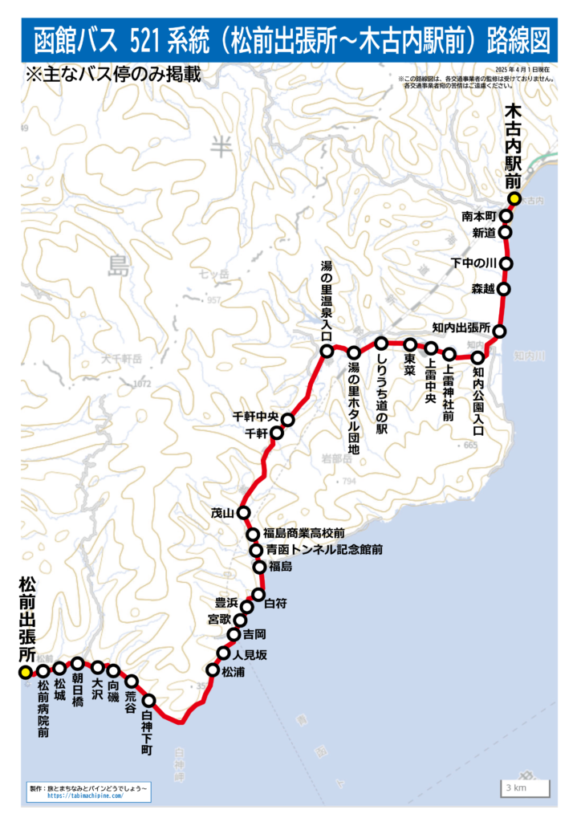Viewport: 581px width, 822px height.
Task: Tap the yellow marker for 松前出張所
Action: tap(25, 671)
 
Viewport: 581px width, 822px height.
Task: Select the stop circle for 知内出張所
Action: tap(499, 331)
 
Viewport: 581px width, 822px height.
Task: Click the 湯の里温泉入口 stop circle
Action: tap(327, 351)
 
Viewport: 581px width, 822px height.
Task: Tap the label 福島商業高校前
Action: tap(306, 533)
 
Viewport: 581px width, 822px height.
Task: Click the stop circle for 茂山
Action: tap(244, 513)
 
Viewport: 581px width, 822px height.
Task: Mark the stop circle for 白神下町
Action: tap(148, 702)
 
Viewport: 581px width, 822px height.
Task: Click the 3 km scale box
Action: tap(526, 788)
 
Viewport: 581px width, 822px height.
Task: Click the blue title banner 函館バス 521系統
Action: tap(290, 39)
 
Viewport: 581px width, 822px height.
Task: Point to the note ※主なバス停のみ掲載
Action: tap(112, 75)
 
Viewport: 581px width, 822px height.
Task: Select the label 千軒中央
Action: tap(254, 417)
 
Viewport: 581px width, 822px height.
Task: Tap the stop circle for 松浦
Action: tap(213, 669)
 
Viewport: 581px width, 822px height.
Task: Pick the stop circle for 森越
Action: tap(504, 288)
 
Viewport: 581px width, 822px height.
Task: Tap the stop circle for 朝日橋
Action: tap(78, 663)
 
